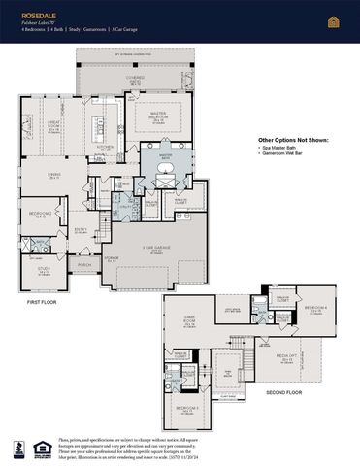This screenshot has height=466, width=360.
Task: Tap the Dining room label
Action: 55,177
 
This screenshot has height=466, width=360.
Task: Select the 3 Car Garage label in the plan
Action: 159,250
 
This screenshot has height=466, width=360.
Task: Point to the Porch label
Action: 84,264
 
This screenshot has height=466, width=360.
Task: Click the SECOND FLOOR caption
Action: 282,393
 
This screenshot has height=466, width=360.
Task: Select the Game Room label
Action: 180,324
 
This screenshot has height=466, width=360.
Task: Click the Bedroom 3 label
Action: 187,409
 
